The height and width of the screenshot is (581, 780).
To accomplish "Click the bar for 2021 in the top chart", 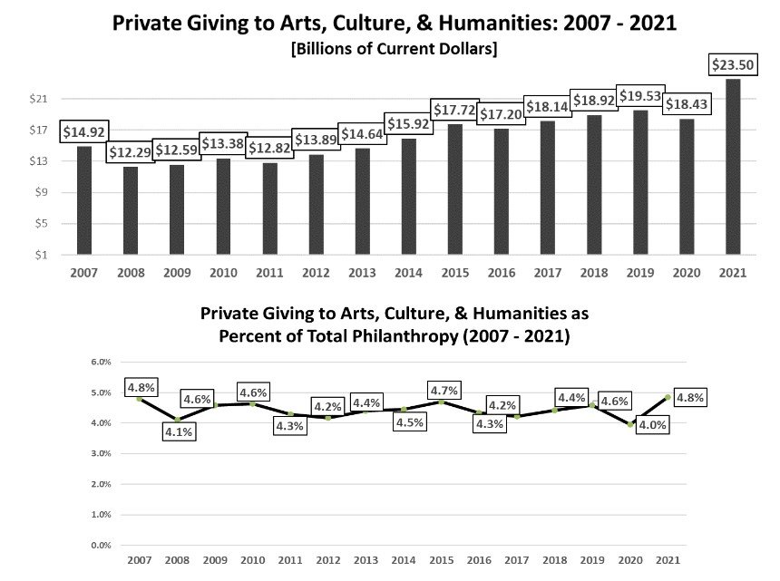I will (x=733, y=167).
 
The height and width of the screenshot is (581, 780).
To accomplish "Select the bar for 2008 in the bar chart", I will (x=131, y=210).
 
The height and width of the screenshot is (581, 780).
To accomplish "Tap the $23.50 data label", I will (x=733, y=63).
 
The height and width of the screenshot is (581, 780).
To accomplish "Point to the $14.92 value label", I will (x=83, y=132).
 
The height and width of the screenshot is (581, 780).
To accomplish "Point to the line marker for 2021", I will (x=668, y=397).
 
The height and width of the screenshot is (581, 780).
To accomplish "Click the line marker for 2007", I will (x=139, y=398).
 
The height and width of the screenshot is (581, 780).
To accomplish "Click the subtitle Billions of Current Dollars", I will (x=392, y=47).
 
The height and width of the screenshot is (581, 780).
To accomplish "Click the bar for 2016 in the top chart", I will (x=501, y=192).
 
